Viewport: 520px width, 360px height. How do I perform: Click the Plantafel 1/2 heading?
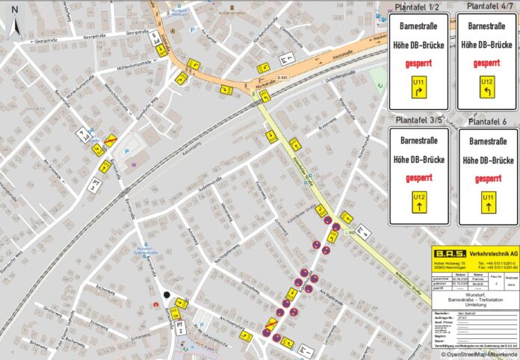[417, 7]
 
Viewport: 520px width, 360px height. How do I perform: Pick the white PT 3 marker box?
[94, 184]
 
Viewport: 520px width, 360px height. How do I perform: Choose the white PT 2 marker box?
[180, 326]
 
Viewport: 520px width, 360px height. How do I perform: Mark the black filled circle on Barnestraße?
[167, 295]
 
